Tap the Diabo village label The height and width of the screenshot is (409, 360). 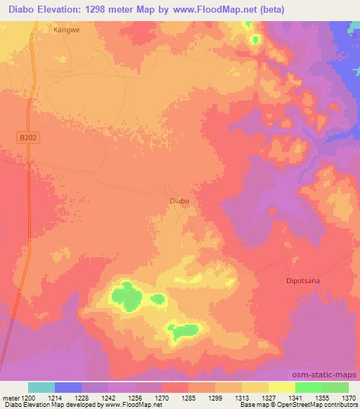[180, 200]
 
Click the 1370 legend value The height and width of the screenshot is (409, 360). [349, 397]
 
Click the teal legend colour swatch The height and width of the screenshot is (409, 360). [41, 387]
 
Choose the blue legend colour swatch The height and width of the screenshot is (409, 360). [68, 387]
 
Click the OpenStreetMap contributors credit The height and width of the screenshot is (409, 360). [323, 405]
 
